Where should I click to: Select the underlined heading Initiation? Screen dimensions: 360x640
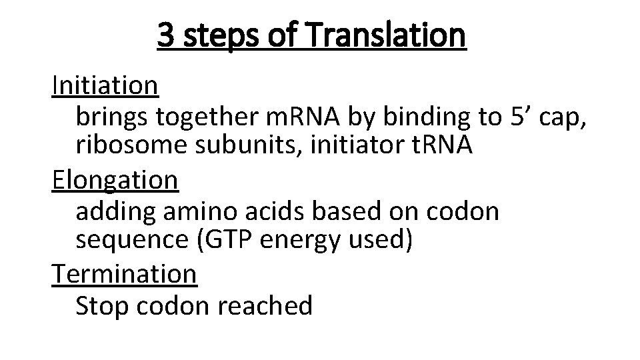105,85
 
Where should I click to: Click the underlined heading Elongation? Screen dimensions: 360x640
115,180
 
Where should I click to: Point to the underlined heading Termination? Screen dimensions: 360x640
124,273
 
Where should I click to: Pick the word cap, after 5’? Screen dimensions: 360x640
561,118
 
